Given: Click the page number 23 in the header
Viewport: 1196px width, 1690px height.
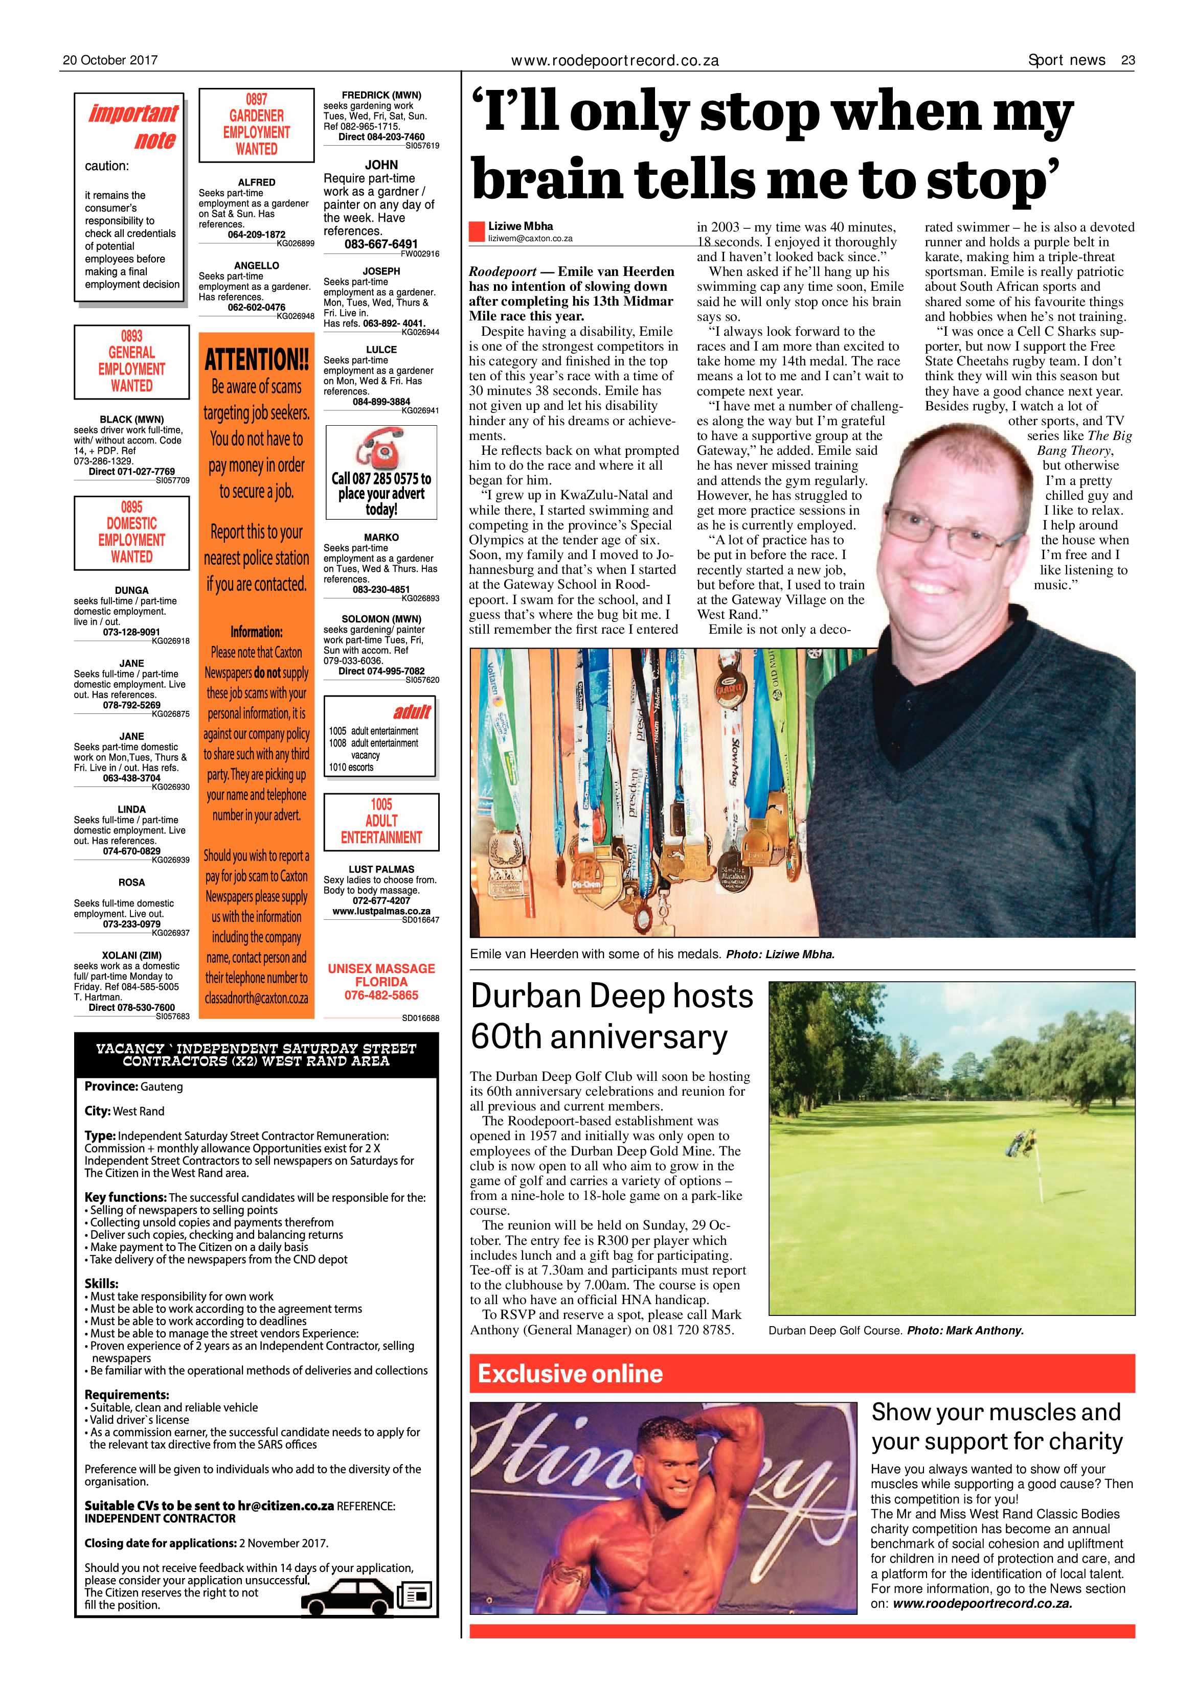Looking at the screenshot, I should click(x=1127, y=60).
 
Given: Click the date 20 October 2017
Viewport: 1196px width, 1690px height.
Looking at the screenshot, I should click(x=110, y=60).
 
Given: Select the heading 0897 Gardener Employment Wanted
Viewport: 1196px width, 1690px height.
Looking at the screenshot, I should click(x=256, y=124).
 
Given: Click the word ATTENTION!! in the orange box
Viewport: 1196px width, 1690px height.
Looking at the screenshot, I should click(x=256, y=361).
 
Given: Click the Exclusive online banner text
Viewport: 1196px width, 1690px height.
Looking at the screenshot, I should click(x=570, y=1374).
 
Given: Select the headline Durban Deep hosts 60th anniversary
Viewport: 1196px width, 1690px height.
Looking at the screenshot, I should click(x=611, y=1016).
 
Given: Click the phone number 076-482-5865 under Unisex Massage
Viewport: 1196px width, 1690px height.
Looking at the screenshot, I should click(x=381, y=995).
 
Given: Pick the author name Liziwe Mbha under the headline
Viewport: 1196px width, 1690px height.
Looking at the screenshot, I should click(x=520, y=226).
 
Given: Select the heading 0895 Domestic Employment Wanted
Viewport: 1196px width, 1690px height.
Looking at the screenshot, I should click(x=132, y=532).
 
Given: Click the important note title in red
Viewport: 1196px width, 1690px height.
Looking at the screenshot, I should click(x=133, y=127).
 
